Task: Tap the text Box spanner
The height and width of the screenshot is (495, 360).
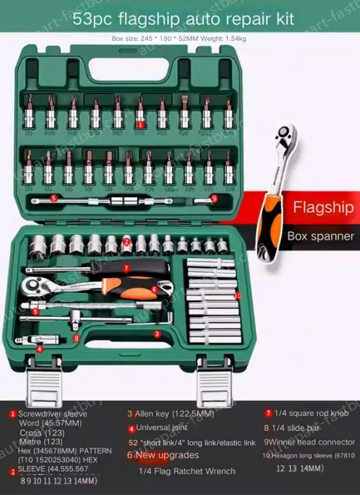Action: (x=320, y=236)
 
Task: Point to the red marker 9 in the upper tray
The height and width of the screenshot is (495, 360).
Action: (x=214, y=199)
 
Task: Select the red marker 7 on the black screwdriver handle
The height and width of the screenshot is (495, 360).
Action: (x=126, y=269)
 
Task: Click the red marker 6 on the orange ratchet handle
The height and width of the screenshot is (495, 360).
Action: (x=153, y=289)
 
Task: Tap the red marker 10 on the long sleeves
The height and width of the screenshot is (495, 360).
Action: (x=237, y=295)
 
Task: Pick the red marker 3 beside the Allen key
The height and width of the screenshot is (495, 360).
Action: (x=157, y=334)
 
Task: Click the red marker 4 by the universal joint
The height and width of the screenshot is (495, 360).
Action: (x=40, y=349)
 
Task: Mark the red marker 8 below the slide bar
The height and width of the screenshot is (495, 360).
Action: (x=76, y=338)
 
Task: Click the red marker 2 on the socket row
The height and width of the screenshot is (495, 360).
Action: (x=126, y=242)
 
